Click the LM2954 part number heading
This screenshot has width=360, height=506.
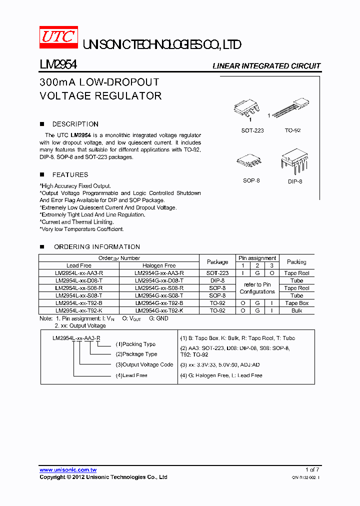pyautogui.click(x=58, y=65)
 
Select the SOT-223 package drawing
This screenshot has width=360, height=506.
pyautogui.click(x=248, y=110)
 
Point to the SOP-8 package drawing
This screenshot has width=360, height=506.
pyautogui.click(x=249, y=161)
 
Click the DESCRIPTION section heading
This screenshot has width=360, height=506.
pyautogui.click(x=75, y=124)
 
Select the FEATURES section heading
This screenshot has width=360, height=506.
pyautogui.click(x=70, y=174)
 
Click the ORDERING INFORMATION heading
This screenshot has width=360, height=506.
pyautogui.click(x=96, y=246)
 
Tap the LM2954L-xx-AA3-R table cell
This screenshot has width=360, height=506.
pyautogui.click(x=79, y=273)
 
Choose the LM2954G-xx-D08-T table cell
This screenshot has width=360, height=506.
pyautogui.click(x=159, y=280)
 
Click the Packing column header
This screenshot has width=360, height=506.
pyautogui.click(x=296, y=261)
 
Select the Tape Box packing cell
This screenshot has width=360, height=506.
pyautogui.click(x=296, y=303)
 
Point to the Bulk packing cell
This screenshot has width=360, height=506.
pyautogui.click(x=296, y=310)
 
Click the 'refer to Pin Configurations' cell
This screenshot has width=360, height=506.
pyautogui.click(x=257, y=288)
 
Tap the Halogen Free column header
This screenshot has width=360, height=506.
pyautogui.click(x=159, y=265)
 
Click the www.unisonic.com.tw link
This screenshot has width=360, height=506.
pyautogui.click(x=68, y=470)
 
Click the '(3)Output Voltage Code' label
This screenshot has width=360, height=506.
pyautogui.click(x=144, y=364)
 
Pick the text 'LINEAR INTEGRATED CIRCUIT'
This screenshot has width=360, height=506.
pyautogui.click(x=266, y=66)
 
